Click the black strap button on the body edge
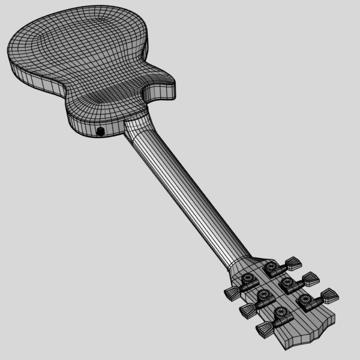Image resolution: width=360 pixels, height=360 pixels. coord(100,131)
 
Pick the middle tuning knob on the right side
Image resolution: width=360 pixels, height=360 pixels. coord(311,278)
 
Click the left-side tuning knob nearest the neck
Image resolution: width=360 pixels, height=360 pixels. coord(232,292)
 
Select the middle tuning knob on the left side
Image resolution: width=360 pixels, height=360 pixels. coord(245,310)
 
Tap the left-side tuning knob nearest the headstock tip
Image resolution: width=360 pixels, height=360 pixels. coord(264,329)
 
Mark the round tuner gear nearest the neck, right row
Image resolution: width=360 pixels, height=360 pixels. coord(274,267)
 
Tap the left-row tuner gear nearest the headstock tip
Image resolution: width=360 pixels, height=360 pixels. coord(280,313)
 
